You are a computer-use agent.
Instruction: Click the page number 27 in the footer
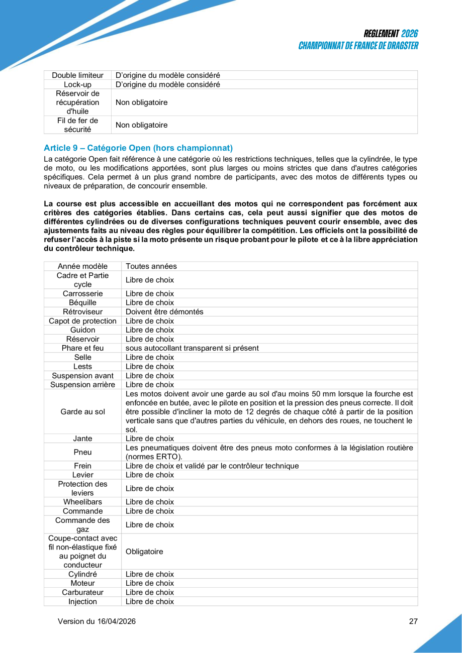coord(413,621)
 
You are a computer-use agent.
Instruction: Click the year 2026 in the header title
coord(410,34)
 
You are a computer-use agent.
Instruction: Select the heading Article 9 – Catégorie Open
coord(138,148)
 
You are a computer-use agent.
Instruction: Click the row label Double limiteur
coord(77,75)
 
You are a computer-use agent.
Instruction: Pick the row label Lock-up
coord(77,84)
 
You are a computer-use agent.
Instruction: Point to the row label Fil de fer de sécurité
coord(77,125)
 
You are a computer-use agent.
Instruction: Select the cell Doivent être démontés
coord(164,311)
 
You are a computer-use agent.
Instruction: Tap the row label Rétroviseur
coord(82,311)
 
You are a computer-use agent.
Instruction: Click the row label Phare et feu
coord(82,348)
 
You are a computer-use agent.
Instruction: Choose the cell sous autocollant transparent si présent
coord(192,348)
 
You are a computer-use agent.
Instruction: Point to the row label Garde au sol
coord(82,412)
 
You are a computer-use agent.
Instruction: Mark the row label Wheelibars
coord(82,502)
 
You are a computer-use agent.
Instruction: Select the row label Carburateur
coord(82,592)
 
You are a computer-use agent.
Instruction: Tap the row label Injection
coord(82,601)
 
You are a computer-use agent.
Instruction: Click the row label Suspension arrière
coord(82,385)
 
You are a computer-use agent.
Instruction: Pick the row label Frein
coord(82,466)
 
